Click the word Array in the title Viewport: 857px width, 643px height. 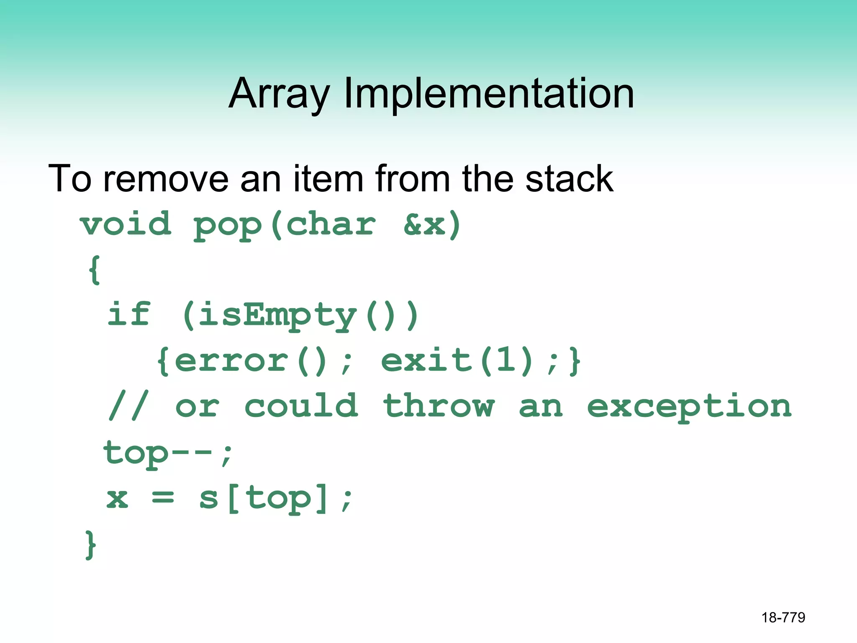[x=280, y=94]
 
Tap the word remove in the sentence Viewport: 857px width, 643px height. [x=166, y=179]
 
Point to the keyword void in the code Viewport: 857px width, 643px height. [x=126, y=225]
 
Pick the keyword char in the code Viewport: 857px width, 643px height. [x=331, y=225]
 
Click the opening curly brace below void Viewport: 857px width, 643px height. [x=95, y=270]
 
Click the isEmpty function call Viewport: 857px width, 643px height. [x=277, y=316]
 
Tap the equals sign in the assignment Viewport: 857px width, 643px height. [x=163, y=498]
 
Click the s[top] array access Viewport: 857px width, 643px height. [x=263, y=499]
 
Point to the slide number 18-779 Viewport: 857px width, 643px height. [x=783, y=617]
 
